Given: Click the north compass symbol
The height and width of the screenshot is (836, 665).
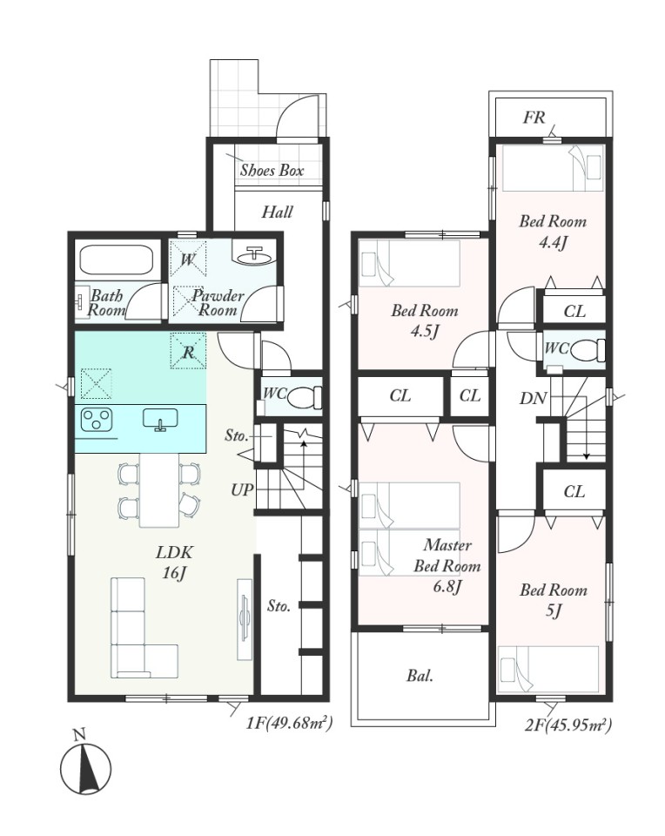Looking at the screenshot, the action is [85, 769].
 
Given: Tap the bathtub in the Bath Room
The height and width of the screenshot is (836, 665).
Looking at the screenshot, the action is [116, 261].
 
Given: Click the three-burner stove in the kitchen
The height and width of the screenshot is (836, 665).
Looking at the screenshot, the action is [97, 419].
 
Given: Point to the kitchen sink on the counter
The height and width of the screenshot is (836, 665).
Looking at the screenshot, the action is [160, 419].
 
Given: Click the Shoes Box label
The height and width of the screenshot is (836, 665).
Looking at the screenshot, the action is [272, 171].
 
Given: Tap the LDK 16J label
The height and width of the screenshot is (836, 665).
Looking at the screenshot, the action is [174, 562].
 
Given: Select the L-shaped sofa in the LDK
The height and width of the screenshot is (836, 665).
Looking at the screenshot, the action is [144, 628].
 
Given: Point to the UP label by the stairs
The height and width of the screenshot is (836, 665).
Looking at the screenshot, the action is [242, 489].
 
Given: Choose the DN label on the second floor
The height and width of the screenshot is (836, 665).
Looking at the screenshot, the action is [534, 398].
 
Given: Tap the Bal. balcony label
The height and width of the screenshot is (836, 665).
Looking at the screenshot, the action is [420, 676].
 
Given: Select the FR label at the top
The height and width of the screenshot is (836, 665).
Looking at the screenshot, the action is [534, 118].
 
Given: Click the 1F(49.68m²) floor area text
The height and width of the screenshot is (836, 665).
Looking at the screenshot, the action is [289, 724].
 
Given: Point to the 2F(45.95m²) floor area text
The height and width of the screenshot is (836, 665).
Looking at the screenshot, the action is [568, 725].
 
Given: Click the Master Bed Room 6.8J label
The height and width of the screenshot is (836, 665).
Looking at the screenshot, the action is [447, 566].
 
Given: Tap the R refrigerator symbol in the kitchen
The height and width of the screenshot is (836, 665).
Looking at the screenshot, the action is [188, 351].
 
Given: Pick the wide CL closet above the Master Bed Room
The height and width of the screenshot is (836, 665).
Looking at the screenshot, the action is [400, 396].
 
